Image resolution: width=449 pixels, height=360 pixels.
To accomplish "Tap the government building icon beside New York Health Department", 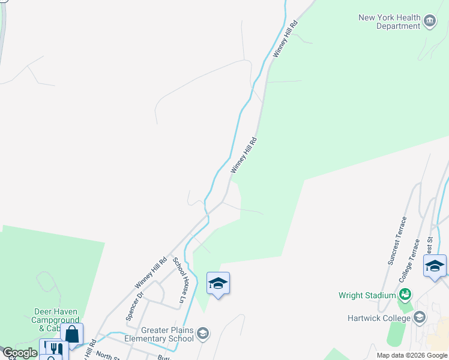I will [430, 22].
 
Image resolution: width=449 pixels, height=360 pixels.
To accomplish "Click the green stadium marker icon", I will [405, 295].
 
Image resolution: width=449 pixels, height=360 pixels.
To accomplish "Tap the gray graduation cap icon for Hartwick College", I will [420, 317].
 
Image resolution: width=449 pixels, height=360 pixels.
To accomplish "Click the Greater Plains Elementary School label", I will [158, 334].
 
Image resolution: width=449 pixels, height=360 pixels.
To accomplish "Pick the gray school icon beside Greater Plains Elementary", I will [203, 334].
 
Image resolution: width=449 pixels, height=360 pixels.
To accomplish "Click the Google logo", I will [19, 353].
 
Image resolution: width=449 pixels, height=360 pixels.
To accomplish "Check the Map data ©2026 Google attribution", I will [412, 355].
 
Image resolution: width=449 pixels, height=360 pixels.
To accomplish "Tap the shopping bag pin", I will [71, 334].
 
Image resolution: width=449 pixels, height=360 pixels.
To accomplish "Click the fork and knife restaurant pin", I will [53, 349].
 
